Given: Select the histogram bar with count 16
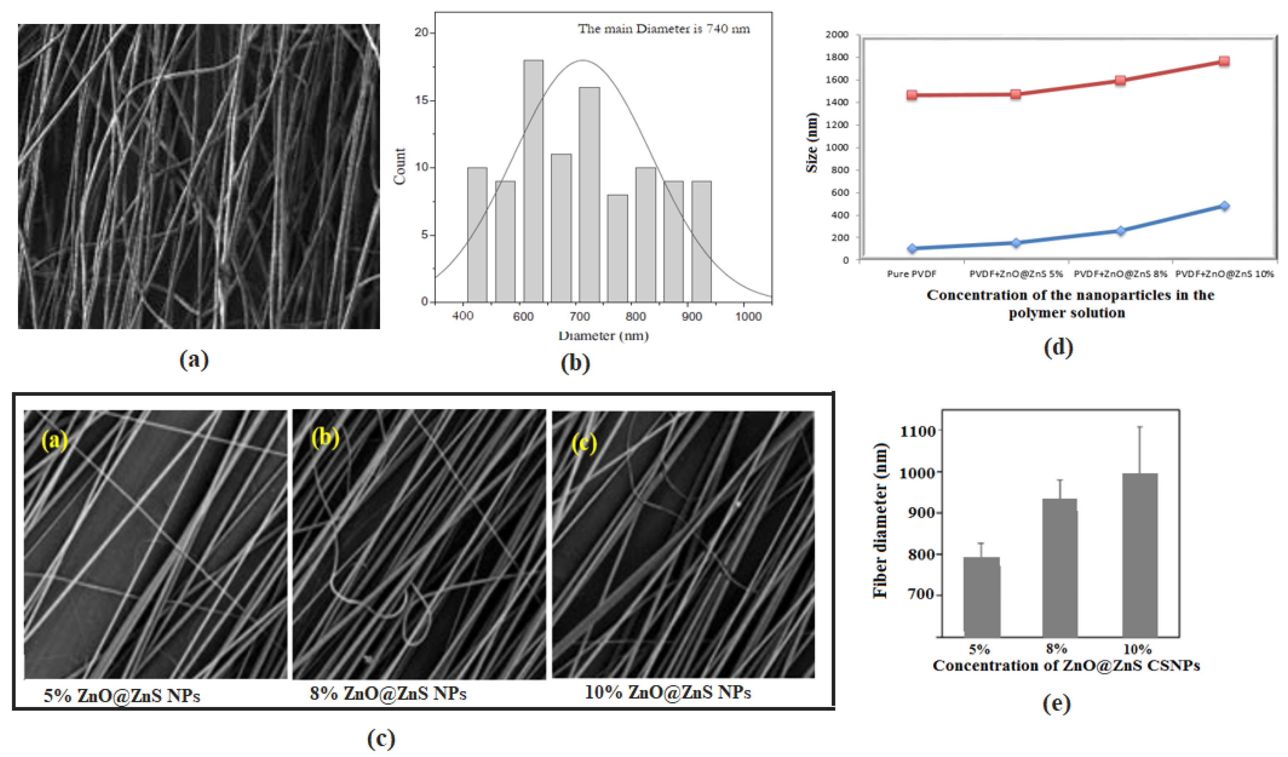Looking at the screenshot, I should pyautogui.click(x=589, y=194).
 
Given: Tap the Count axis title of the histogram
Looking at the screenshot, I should pyautogui.click(x=399, y=166).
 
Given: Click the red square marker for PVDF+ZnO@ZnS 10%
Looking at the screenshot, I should pyautogui.click(x=1224, y=61).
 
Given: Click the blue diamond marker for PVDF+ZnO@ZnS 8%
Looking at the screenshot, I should pyautogui.click(x=1120, y=231).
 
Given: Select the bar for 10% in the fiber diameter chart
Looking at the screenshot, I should pyautogui.click(x=1139, y=555).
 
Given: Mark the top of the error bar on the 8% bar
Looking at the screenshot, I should pyautogui.click(x=1060, y=480).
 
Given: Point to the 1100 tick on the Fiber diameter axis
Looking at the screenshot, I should pyautogui.click(x=917, y=431).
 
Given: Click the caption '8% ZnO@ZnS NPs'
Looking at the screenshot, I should pyautogui.click(x=388, y=694).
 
